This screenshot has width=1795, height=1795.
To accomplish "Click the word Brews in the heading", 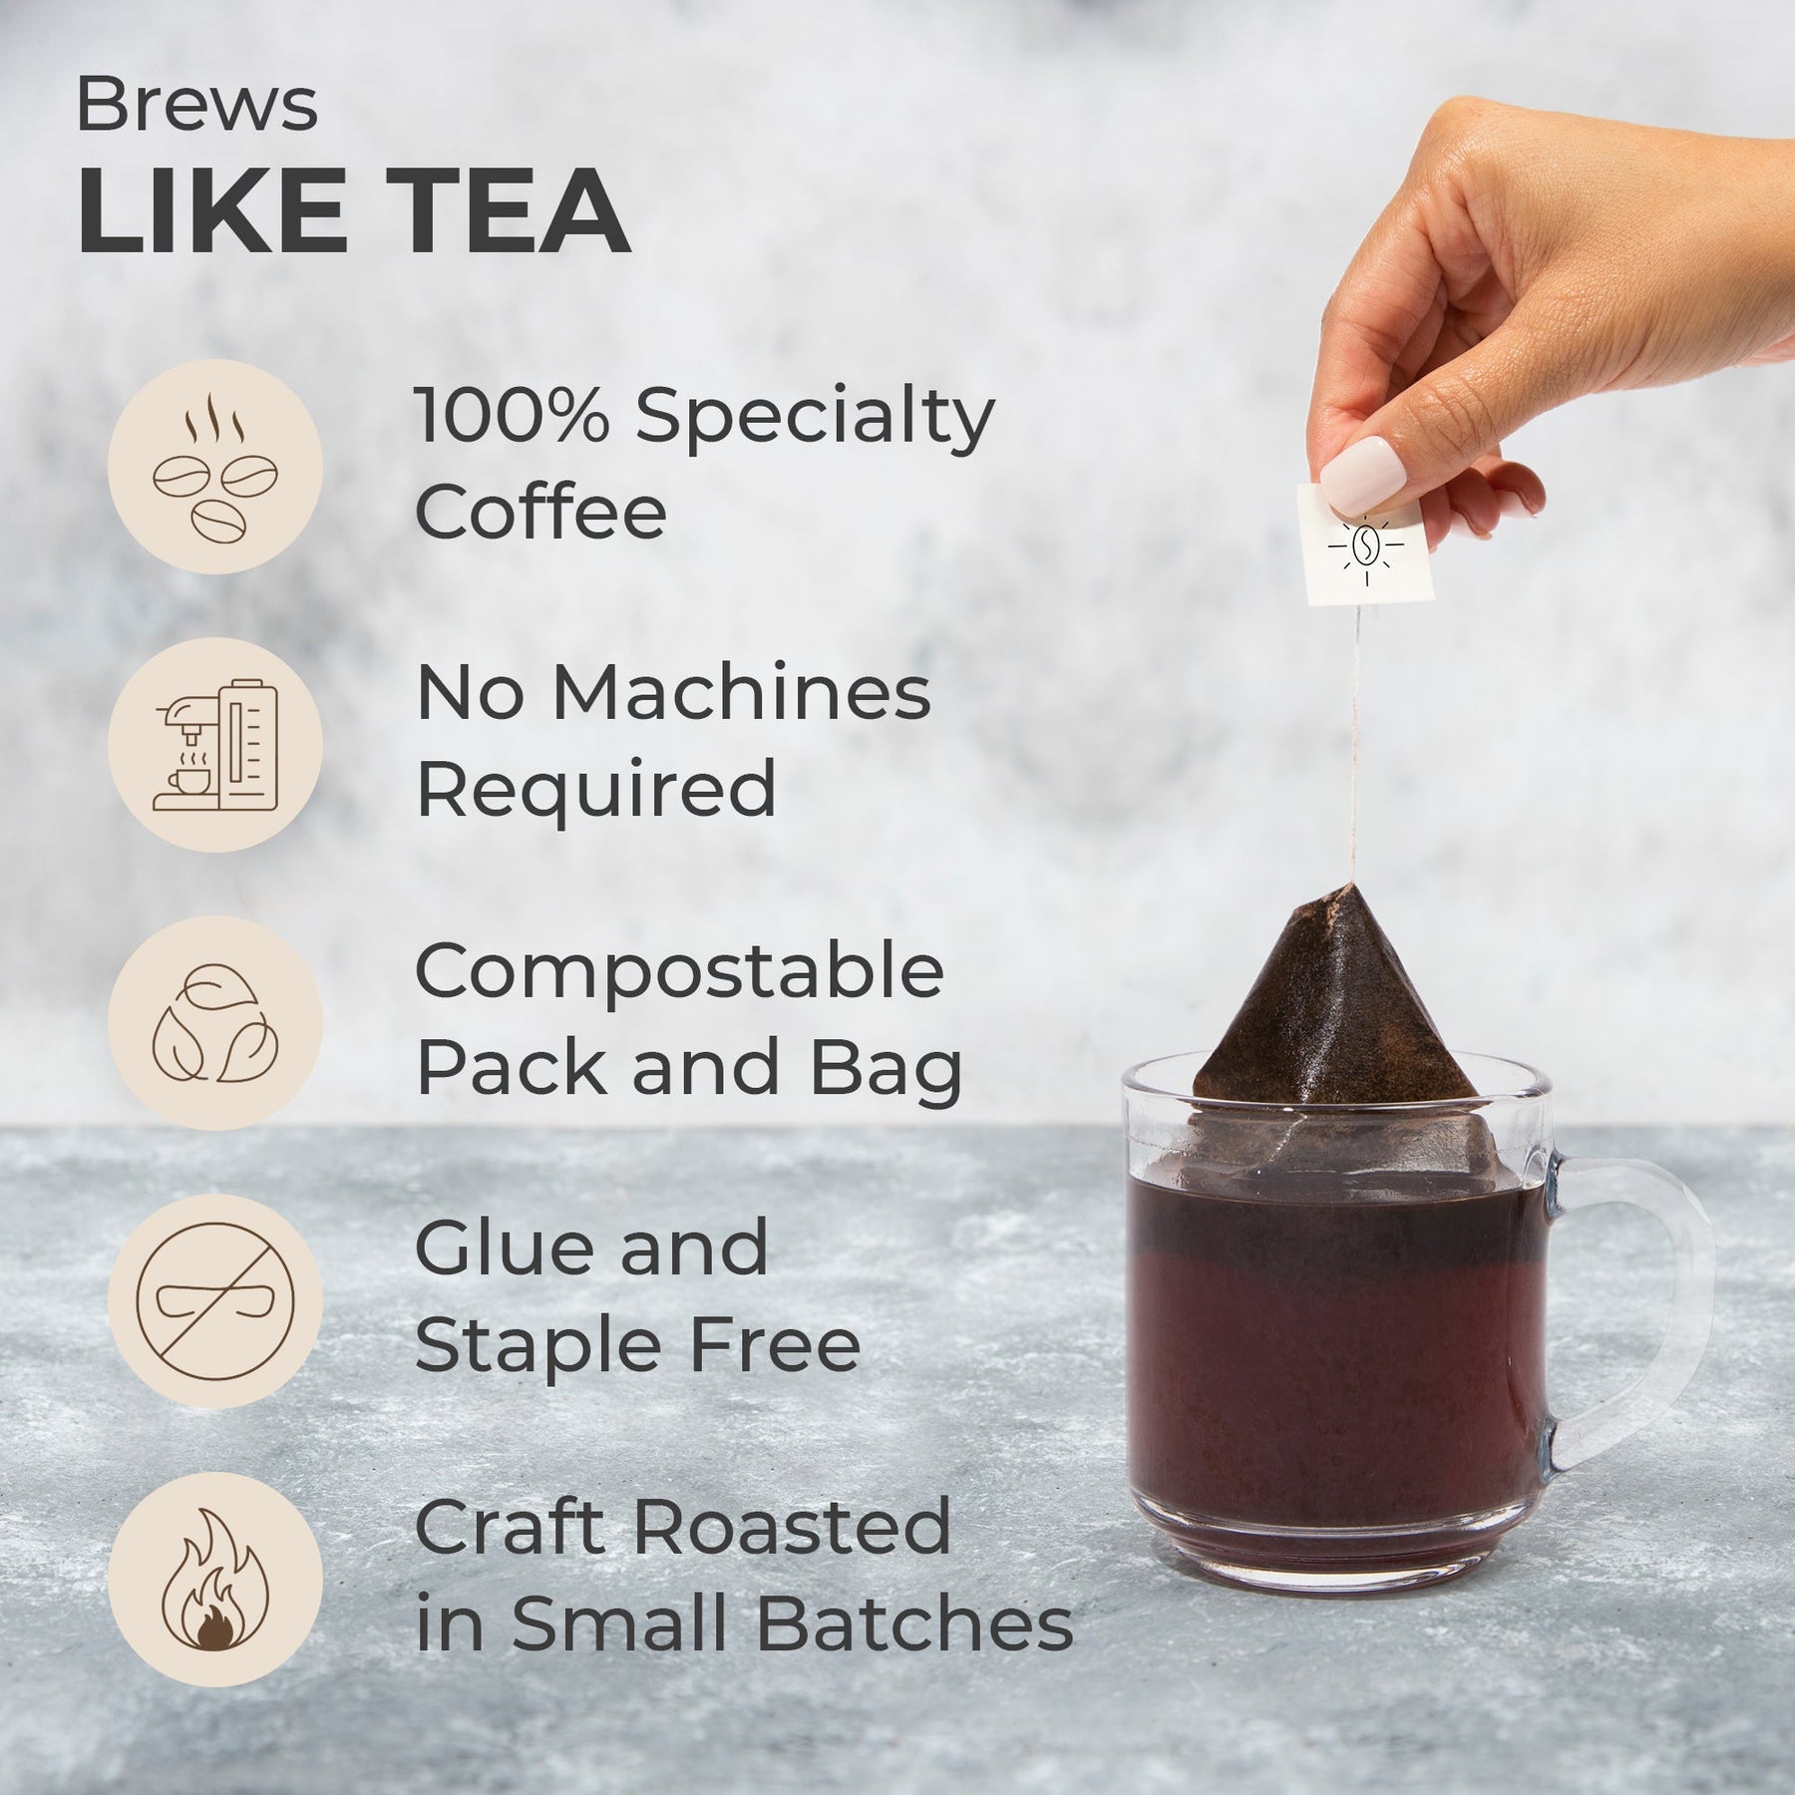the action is pyautogui.click(x=197, y=107).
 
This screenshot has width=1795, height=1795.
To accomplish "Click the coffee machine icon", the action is pyautogui.click(x=214, y=745).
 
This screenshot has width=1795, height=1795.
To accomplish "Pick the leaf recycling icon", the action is pyautogui.click(x=214, y=1023).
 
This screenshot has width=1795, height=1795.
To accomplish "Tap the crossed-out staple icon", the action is pyautogui.click(x=214, y=1301).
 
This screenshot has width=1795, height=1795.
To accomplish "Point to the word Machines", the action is pyautogui.click(x=742, y=694).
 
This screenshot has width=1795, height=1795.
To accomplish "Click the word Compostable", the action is pyautogui.click(x=679, y=973).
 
